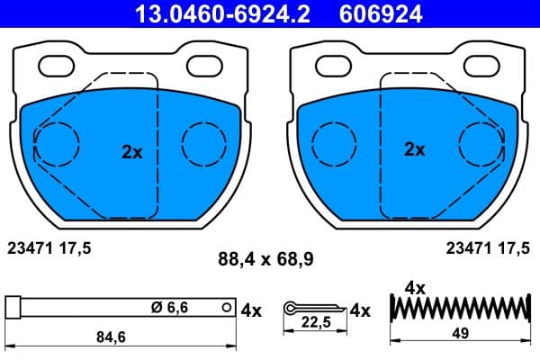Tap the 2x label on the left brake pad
[x=132, y=152]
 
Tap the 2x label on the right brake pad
[x=414, y=149]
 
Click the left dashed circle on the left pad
[x=57, y=142]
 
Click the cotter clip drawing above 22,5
[x=311, y=309]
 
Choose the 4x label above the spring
[x=414, y=288]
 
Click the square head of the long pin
[x=13, y=307]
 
